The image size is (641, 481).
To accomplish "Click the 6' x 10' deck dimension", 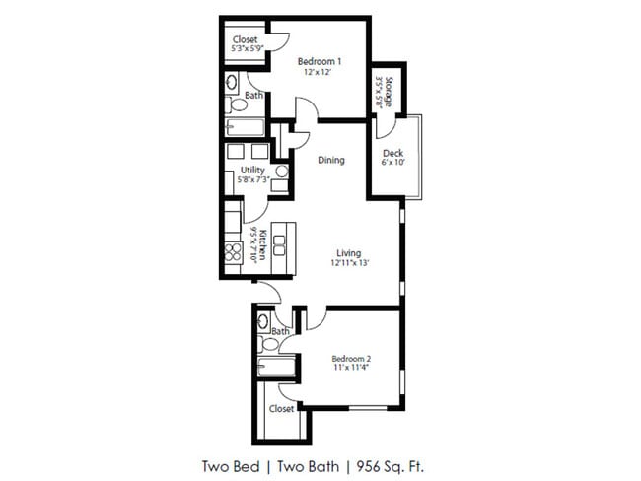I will (x=392, y=163).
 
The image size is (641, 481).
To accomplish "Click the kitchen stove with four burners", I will (x=233, y=254).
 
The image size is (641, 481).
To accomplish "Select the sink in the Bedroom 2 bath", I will (x=263, y=321).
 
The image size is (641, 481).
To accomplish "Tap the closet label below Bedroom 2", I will (x=281, y=407).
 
